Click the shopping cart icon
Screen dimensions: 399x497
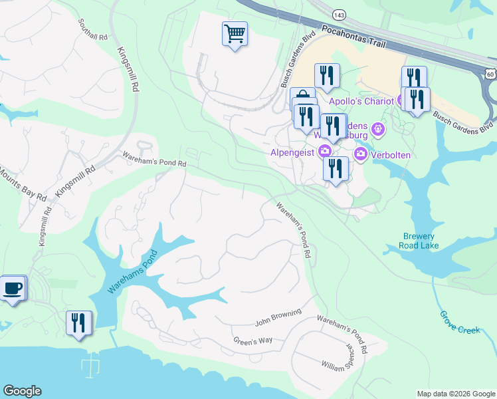235,33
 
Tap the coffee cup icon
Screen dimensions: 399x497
13,289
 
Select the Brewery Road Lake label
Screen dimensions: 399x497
419,241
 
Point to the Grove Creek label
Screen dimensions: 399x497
459,321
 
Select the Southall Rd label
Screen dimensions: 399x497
92,29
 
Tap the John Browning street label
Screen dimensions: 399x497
278,317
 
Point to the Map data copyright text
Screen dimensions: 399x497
456,394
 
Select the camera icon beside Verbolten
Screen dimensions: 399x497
361,155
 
